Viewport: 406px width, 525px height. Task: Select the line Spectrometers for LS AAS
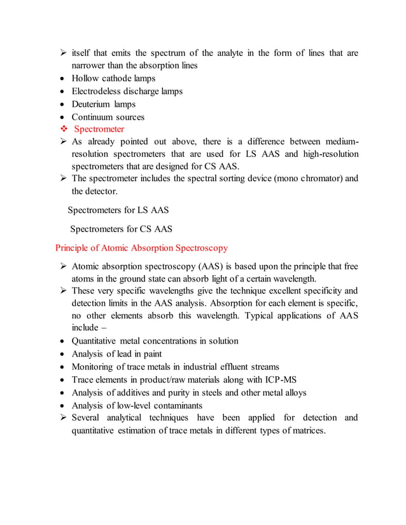click(118, 210)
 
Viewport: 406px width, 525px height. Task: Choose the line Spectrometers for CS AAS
click(120, 229)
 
